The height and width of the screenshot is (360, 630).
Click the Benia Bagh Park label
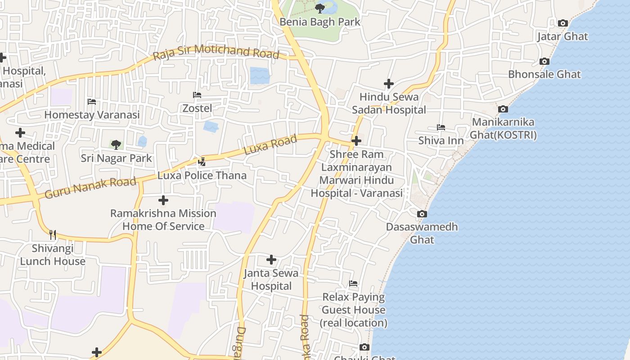coord(320,22)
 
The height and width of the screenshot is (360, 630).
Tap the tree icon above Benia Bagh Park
coord(320,8)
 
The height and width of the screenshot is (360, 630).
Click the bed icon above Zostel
coord(197,95)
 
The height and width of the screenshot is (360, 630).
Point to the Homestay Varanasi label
coord(92,115)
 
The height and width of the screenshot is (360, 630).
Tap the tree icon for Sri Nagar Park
coord(116,144)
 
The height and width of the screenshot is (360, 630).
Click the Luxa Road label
coord(270,145)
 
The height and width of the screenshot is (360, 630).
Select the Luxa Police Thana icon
coord(202,162)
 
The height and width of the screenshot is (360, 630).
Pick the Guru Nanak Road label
coord(90,188)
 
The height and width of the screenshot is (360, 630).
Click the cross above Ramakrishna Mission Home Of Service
coord(163,200)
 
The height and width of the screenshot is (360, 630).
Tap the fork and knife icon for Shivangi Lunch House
coord(53,234)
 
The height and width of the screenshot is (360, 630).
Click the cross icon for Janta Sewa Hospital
coord(271,260)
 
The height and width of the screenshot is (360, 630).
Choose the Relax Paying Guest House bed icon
coord(353,283)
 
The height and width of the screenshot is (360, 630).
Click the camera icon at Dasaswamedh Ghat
coord(422,214)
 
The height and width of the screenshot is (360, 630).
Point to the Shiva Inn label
coord(441,140)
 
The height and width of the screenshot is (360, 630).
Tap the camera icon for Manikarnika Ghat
coord(503,109)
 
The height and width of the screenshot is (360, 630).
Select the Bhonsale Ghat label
coord(544,74)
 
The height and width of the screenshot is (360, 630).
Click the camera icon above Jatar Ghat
coord(562,23)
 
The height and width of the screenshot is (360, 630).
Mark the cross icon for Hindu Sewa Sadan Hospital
coord(389,84)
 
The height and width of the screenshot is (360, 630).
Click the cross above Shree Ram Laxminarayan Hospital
coord(356,141)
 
